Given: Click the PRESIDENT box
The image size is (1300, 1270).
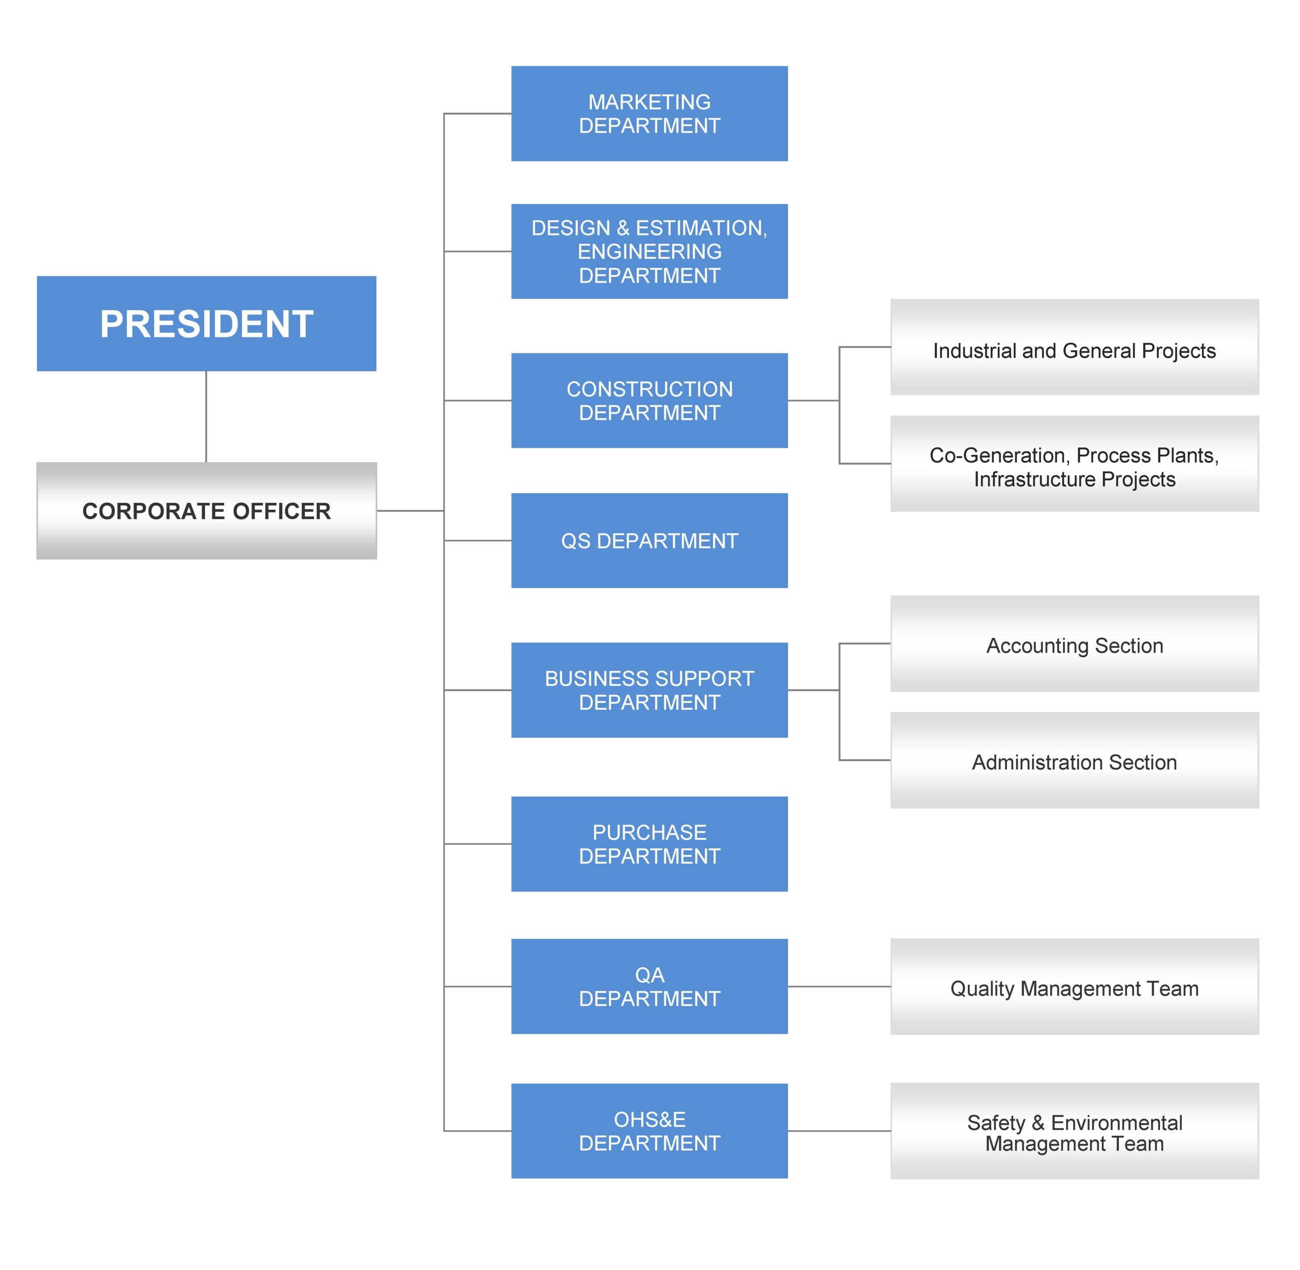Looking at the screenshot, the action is [206, 323].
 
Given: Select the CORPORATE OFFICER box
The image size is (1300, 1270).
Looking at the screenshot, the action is [206, 510].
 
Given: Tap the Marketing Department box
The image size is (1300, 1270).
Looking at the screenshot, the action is [649, 113].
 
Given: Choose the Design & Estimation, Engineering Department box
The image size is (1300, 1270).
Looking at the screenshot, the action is [649, 251].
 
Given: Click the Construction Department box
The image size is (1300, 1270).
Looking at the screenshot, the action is [649, 400].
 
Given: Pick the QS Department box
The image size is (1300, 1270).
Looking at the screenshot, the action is [649, 540].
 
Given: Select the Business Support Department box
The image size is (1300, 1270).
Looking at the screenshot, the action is [649, 690].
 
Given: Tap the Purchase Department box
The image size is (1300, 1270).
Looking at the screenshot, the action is [649, 844].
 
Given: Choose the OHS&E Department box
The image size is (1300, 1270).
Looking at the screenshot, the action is [649, 1130].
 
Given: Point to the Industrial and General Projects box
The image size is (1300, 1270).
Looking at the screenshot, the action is [1075, 347].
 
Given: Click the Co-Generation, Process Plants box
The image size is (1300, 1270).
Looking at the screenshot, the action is [1075, 464].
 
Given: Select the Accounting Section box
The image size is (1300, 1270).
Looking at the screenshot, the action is [1075, 644].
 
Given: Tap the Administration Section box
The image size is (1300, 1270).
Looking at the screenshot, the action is [1075, 760].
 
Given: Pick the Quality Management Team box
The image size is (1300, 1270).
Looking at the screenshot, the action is [1075, 987].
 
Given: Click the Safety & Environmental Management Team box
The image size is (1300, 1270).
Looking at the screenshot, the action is [1075, 1130].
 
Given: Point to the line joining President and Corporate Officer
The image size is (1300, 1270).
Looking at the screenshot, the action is [206, 417].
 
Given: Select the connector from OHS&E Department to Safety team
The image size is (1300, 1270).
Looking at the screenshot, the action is [839, 1130].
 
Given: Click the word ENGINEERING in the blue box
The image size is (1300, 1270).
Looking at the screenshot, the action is [649, 251].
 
